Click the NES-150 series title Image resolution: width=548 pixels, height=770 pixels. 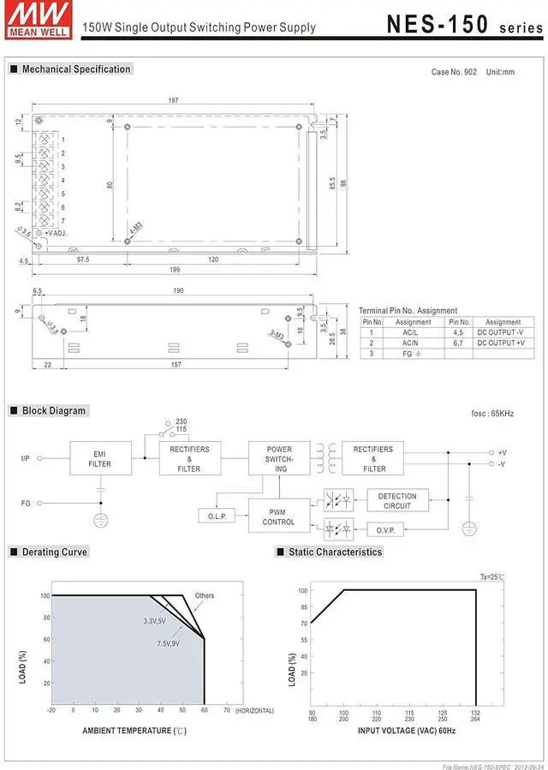coord(462,23)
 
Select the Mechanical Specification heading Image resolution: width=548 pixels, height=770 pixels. coord(75,69)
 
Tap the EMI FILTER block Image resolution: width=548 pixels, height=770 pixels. coord(99,458)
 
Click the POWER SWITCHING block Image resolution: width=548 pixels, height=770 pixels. coord(278,458)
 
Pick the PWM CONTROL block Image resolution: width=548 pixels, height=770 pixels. coord(278,516)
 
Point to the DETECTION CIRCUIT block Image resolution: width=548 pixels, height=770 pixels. coord(397,501)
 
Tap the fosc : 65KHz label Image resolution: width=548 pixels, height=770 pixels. coord(492,414)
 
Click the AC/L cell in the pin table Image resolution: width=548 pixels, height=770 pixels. coord(410,332)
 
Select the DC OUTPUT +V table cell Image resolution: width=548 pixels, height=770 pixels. coord(503,343)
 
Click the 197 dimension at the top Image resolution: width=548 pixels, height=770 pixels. coord(173,101)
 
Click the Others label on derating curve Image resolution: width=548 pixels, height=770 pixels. coord(205,595)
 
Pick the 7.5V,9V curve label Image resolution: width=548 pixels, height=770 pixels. coord(168,642)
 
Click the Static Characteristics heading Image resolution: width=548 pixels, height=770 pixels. coord(335,552)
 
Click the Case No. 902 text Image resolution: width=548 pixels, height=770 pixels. coord(454,72)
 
